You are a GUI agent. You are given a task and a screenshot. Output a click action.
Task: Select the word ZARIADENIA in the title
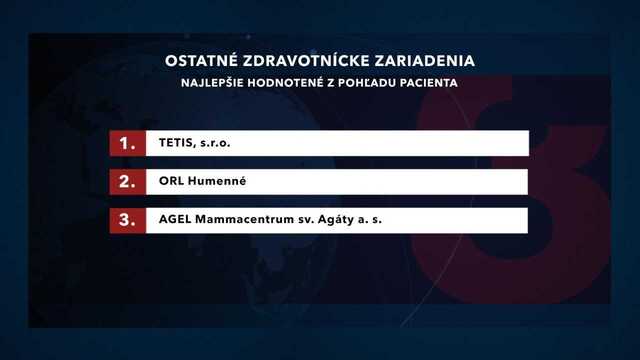click(430, 61)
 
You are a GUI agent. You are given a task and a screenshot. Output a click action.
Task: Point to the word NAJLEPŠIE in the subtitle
click(213, 83)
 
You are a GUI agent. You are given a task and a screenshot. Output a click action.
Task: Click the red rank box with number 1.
click(127, 143)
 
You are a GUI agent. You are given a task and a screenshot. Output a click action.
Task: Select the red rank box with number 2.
click(127, 182)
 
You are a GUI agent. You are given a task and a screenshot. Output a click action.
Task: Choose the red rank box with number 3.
click(127, 220)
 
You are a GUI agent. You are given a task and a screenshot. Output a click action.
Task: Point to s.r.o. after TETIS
click(215, 144)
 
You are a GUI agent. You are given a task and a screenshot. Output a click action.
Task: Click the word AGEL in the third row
click(177, 221)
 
